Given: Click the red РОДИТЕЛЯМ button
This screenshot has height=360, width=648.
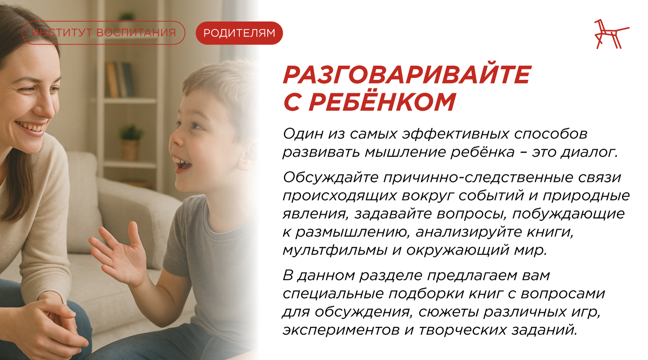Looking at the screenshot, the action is pos(239,33).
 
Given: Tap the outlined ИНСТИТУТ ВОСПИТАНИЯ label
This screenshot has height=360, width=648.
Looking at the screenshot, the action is pos(104,33).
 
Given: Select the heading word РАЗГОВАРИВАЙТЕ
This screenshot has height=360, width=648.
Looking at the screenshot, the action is pos(407,75).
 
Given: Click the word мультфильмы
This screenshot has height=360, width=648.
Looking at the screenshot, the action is pos(335,250).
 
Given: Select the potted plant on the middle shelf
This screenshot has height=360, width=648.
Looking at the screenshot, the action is pos(131,142).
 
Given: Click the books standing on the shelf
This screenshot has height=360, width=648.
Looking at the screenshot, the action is pos(119,79).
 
